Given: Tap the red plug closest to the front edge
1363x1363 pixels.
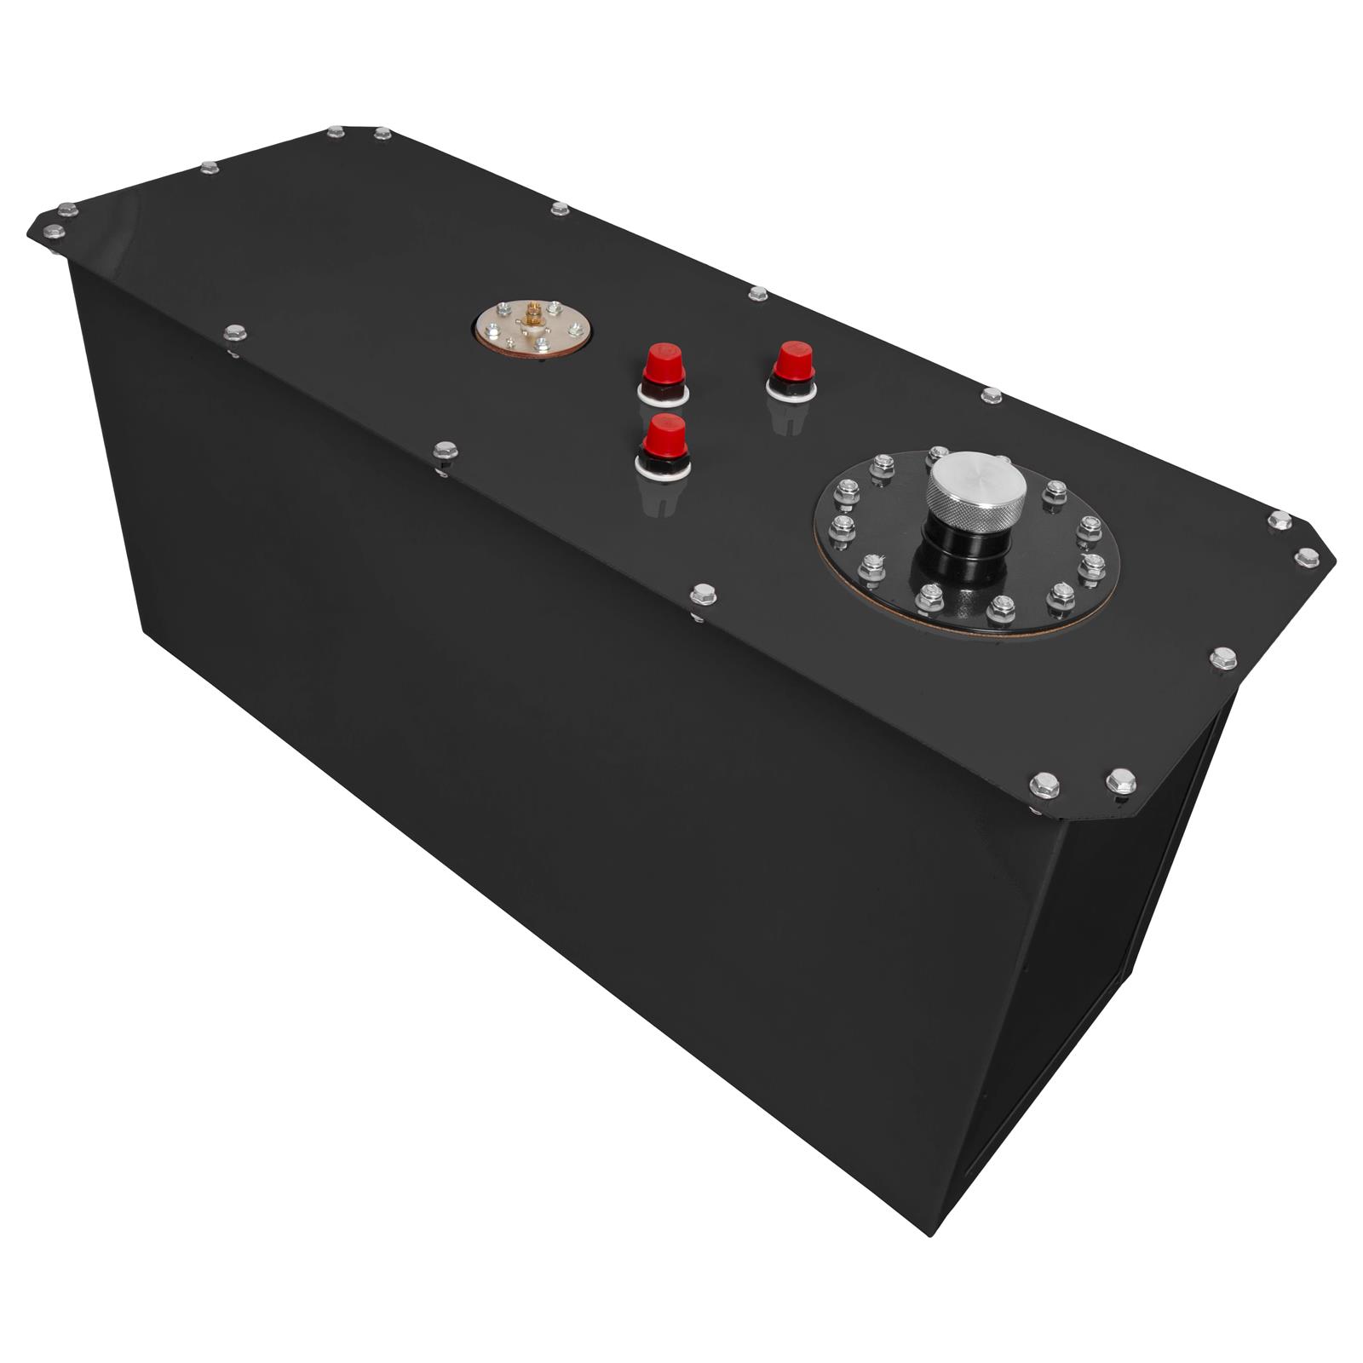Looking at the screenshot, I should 664,437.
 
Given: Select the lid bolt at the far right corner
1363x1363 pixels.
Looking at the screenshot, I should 1307,557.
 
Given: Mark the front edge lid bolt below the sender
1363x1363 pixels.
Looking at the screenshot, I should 445,451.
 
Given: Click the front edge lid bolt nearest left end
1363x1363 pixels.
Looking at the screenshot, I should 234,332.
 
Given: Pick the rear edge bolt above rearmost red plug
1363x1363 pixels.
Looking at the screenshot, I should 757,294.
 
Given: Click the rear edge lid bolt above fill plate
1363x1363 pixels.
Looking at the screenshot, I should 991,395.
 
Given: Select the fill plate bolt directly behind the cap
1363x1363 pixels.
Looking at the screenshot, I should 939,452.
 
